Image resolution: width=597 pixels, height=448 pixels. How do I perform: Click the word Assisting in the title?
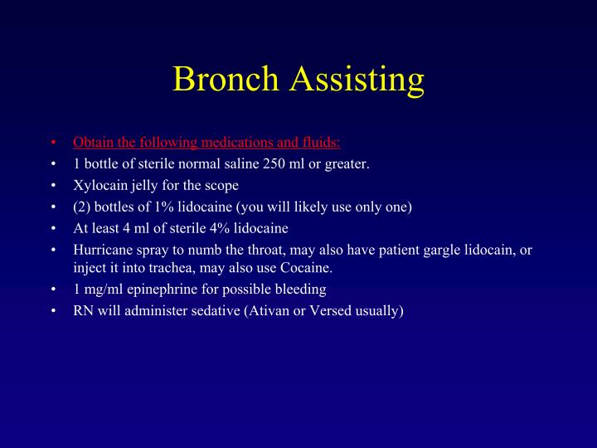click(357, 80)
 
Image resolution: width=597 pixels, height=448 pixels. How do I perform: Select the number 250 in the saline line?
click(274, 163)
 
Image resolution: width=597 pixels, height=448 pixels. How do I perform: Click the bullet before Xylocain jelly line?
click(53, 185)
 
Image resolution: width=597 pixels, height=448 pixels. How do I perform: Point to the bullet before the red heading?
click(53, 142)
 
